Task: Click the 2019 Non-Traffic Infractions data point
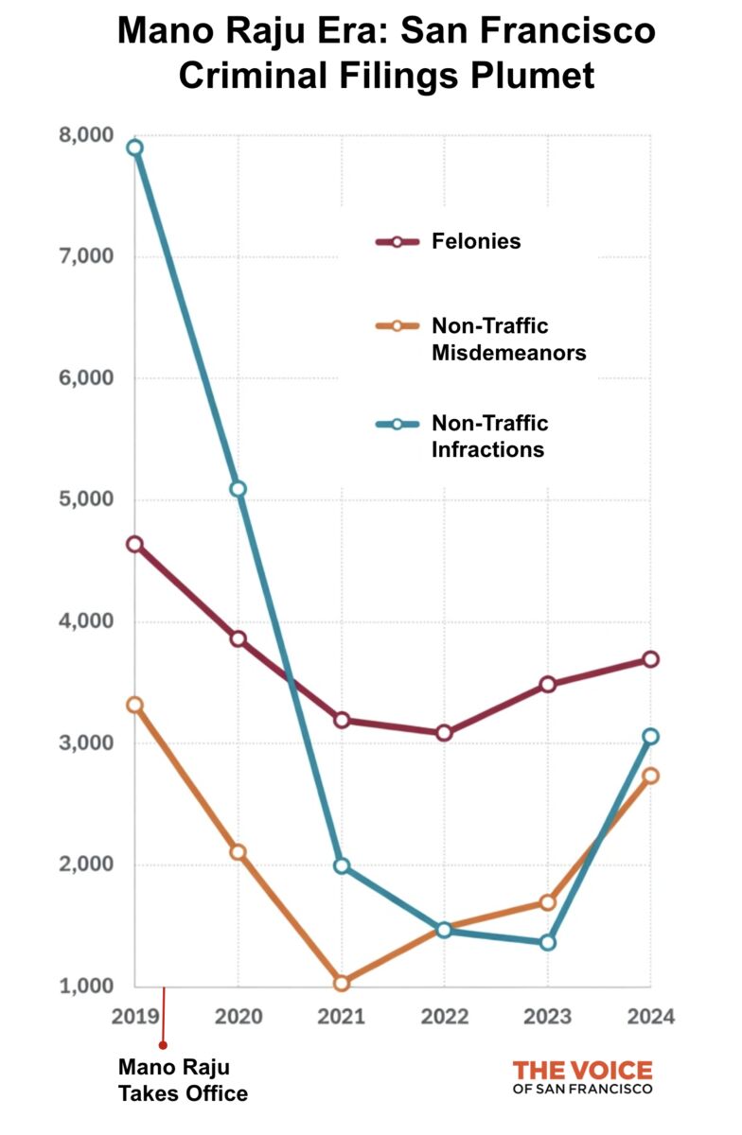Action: (x=135, y=148)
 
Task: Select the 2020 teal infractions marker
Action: (x=238, y=489)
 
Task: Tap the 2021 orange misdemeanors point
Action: (x=342, y=984)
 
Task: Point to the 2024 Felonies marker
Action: (x=650, y=659)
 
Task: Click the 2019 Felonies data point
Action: (x=135, y=544)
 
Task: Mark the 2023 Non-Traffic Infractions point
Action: (x=547, y=942)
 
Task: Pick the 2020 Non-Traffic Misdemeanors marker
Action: (x=238, y=852)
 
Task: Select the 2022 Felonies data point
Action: (x=444, y=733)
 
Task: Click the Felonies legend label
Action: (x=476, y=241)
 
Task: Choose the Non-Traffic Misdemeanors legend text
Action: (x=508, y=340)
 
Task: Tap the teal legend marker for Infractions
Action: (x=397, y=425)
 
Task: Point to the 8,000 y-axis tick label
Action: (x=79, y=135)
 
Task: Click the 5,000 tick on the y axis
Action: (x=79, y=499)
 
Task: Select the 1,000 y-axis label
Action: (x=79, y=987)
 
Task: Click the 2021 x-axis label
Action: (x=342, y=1018)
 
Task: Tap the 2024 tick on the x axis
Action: (x=649, y=1018)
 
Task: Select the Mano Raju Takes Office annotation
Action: (x=183, y=1080)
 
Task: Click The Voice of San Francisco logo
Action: (x=582, y=1077)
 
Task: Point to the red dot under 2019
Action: (x=163, y=1045)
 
